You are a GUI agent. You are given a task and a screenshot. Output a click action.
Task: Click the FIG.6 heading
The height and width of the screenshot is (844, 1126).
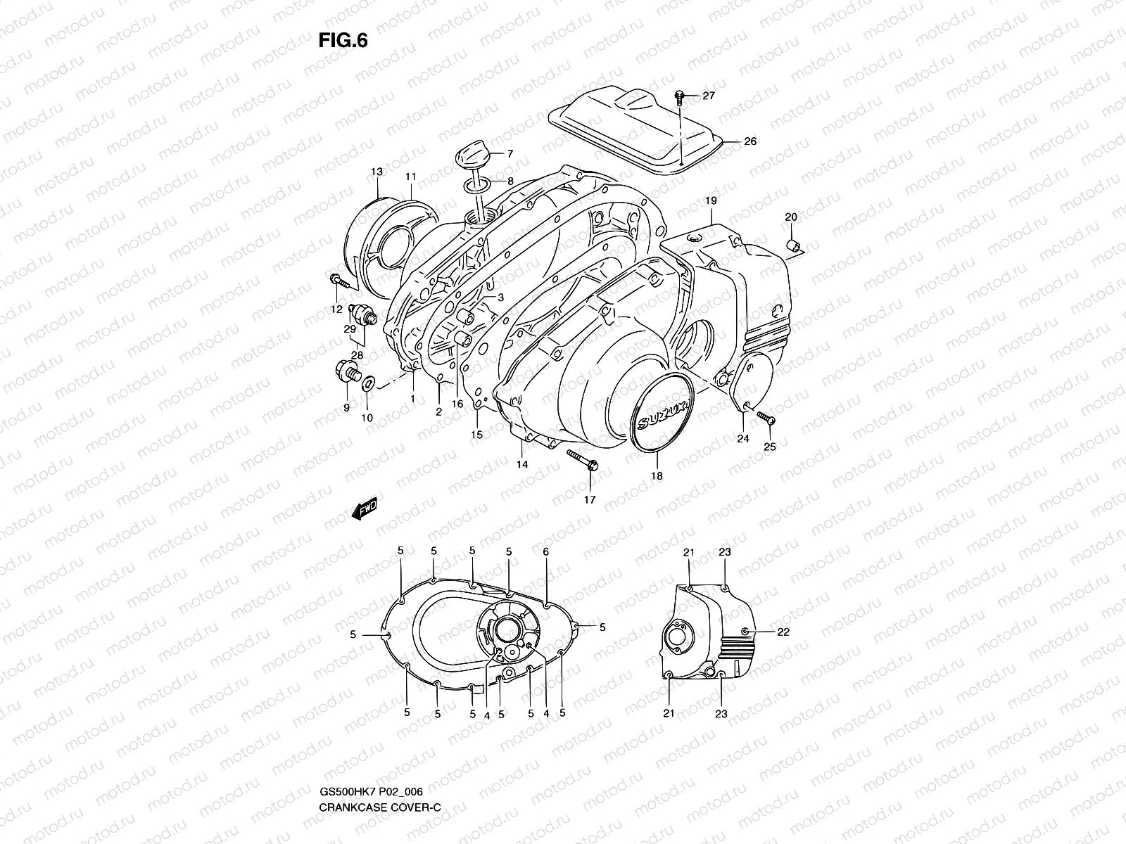coord(343,41)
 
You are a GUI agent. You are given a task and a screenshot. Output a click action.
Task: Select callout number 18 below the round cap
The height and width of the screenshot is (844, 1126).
coord(657,476)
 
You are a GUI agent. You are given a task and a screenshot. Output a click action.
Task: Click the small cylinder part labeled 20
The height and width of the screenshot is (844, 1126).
coord(792,245)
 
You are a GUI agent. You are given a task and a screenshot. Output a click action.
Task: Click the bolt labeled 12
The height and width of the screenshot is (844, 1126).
coord(339,281)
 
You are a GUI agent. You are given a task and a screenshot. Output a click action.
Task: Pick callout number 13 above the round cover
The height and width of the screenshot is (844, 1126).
coord(377,172)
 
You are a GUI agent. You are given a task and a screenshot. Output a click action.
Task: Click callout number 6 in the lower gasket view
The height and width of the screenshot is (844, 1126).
coord(545,553)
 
